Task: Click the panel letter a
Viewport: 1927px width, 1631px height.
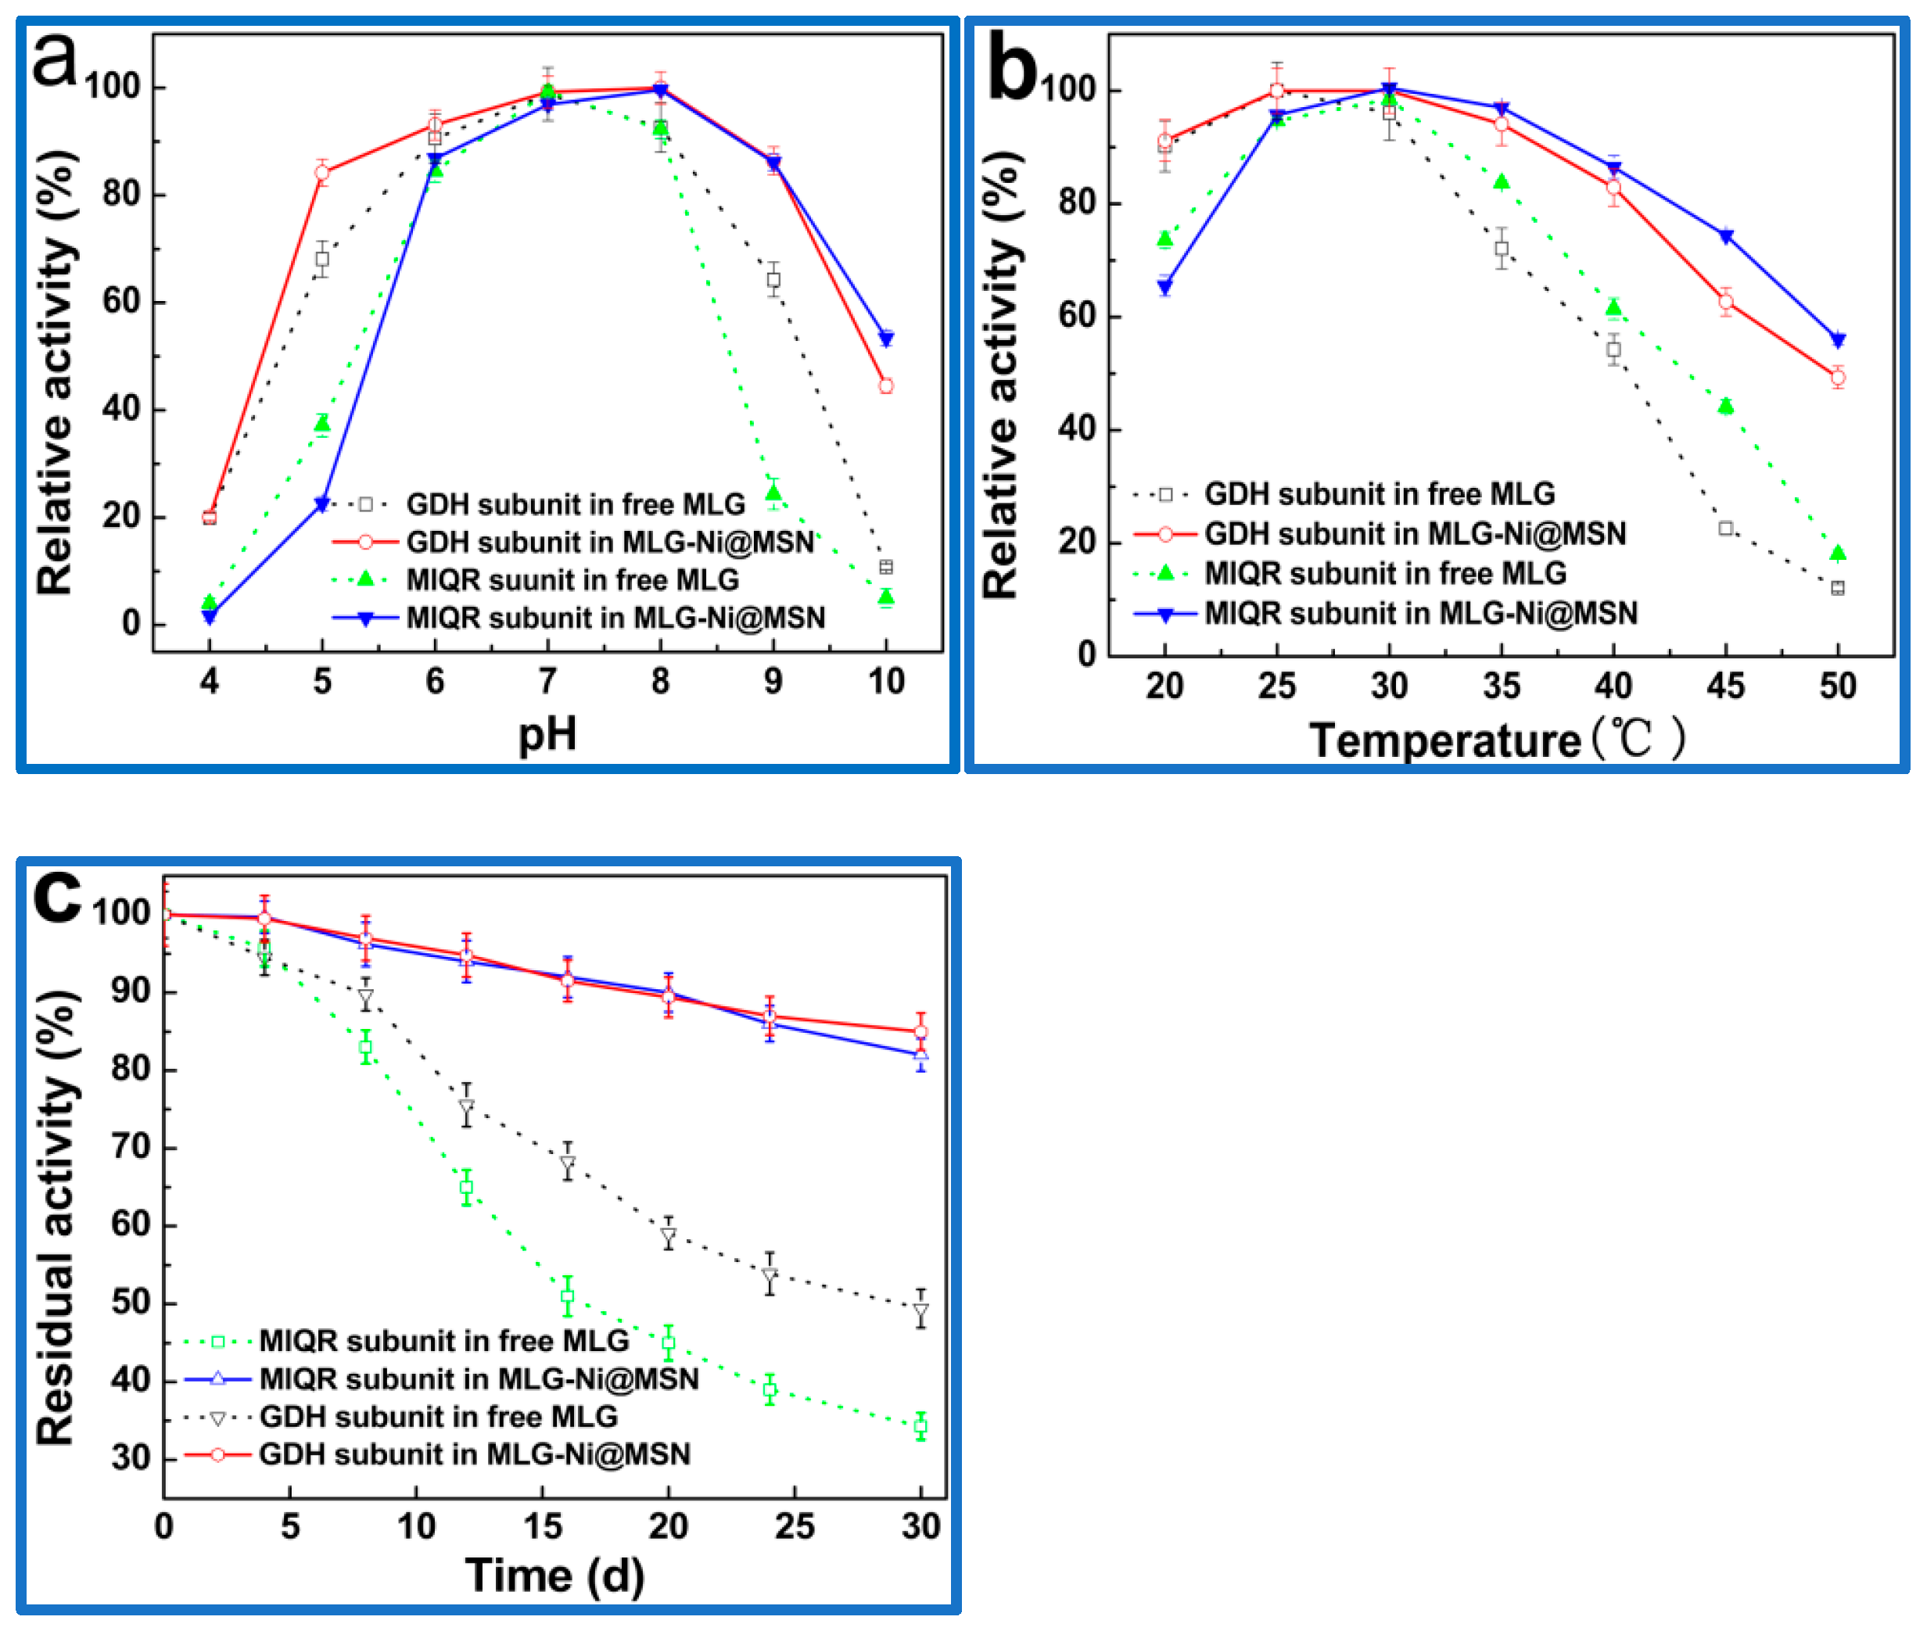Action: coord(56,61)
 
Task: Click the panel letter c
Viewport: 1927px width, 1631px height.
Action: coord(57,897)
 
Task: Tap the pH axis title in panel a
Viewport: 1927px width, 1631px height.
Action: coord(547,734)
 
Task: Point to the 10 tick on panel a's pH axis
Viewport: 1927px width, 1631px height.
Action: coord(886,682)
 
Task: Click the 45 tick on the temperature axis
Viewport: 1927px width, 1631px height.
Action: coord(1724,686)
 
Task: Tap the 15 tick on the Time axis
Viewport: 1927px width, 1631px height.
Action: coord(542,1526)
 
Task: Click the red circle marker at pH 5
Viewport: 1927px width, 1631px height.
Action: coord(321,173)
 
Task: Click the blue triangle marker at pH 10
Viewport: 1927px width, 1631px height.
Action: coord(886,339)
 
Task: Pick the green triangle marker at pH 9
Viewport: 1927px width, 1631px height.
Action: coord(773,493)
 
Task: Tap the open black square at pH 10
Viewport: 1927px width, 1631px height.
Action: coord(886,567)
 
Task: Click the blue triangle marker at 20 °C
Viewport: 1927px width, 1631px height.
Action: coord(1164,288)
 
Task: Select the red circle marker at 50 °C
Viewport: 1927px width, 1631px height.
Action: coord(1837,377)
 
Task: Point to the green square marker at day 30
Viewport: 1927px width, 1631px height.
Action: coord(920,1425)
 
